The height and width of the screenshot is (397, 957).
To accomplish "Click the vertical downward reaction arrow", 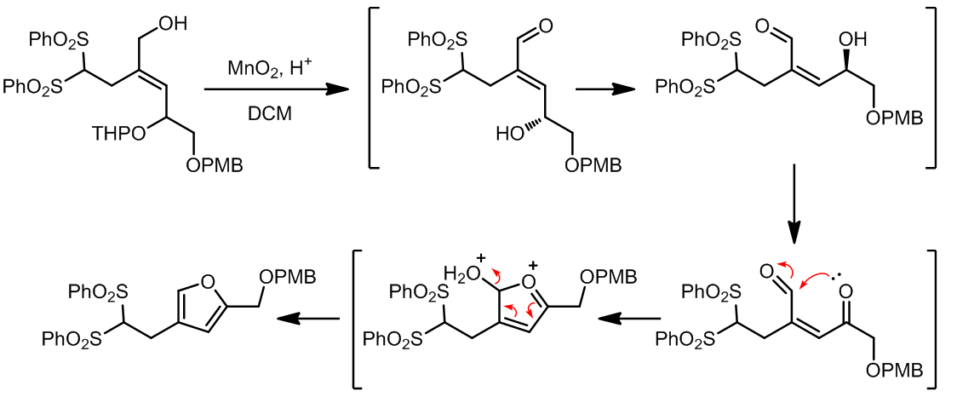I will point(794,204).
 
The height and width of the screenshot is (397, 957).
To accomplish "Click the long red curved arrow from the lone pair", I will point(821,275).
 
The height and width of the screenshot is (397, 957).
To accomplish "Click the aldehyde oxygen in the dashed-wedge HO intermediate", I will point(545,27).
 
